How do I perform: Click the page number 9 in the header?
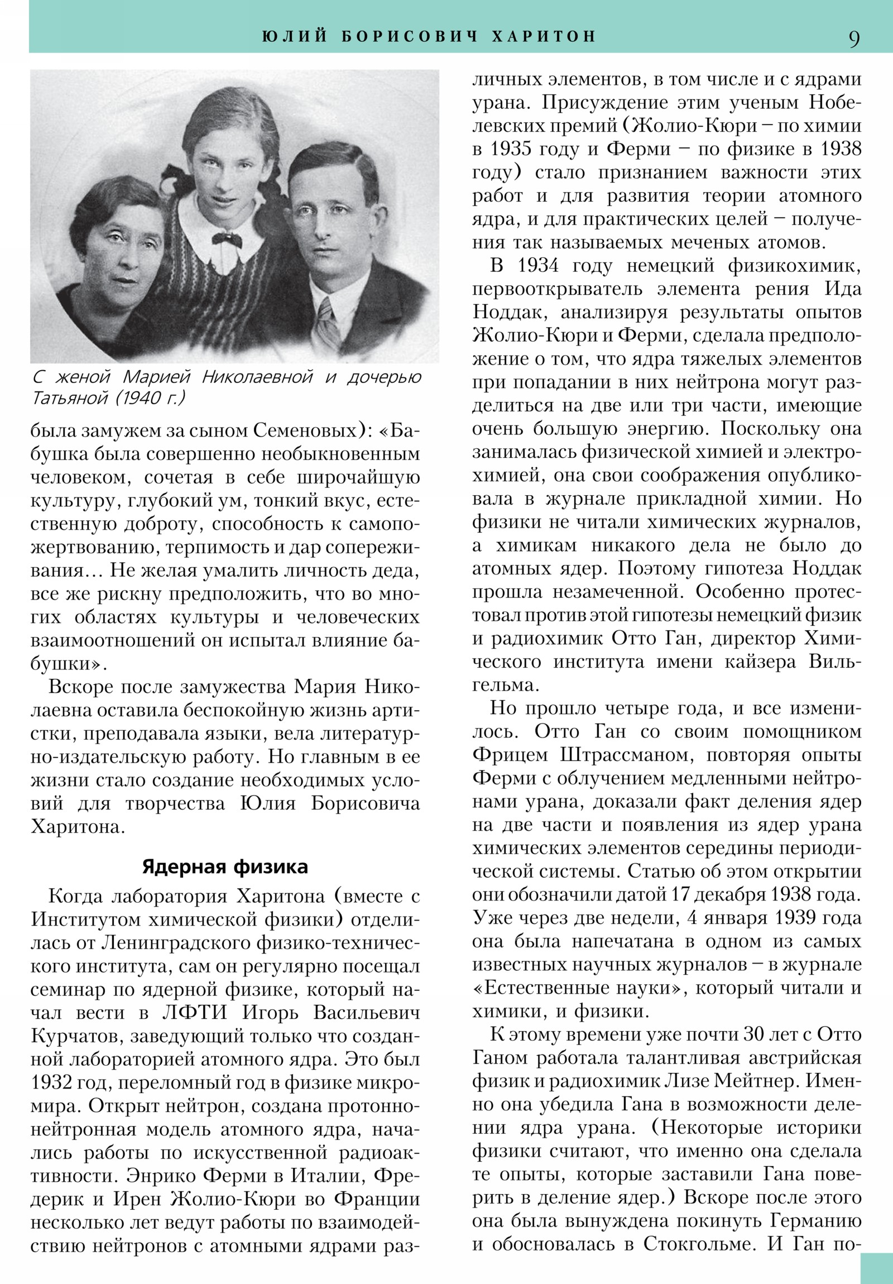tap(854, 39)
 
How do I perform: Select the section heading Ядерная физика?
tap(225, 866)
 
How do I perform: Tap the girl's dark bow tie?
tap(228, 241)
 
